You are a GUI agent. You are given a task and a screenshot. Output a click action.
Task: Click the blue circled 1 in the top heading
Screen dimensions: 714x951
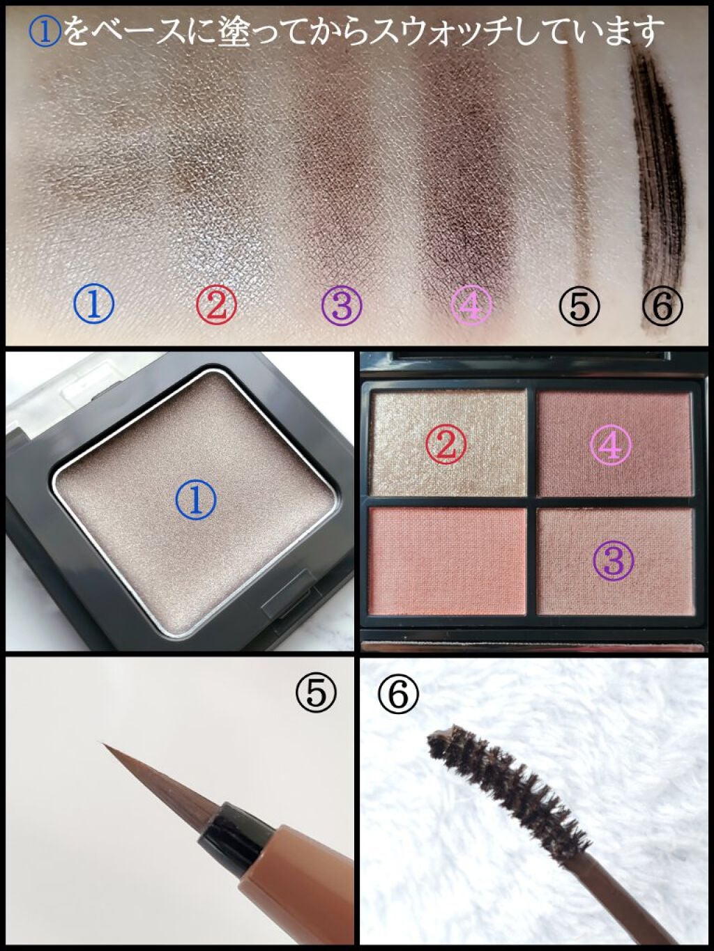tap(45, 33)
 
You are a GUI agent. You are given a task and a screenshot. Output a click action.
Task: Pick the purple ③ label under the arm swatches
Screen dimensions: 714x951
tap(342, 304)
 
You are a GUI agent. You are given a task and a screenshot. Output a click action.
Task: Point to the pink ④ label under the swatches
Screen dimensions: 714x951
tap(471, 304)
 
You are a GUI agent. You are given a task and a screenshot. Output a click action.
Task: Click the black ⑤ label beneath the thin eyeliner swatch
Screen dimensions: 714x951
tap(579, 306)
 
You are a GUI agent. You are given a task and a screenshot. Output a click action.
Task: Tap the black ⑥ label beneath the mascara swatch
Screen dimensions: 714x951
tap(662, 305)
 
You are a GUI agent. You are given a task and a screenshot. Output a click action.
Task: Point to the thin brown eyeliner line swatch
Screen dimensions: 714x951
tap(580, 173)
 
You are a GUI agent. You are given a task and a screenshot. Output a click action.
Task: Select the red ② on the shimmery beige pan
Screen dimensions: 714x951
tap(446, 444)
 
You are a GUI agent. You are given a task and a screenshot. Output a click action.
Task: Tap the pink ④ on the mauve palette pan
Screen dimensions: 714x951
tap(611, 444)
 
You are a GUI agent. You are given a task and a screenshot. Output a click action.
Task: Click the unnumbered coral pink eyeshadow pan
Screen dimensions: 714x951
tap(447, 561)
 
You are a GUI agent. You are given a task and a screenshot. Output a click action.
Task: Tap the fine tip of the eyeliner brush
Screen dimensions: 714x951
tap(103, 743)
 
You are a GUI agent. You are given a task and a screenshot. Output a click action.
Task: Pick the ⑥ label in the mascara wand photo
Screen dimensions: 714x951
tap(398, 694)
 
